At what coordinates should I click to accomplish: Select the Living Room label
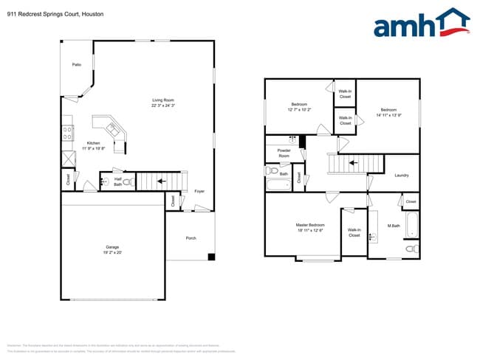[x=162, y=100]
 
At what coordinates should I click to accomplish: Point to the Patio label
[x=77, y=65]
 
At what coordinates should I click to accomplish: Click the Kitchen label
[x=93, y=142]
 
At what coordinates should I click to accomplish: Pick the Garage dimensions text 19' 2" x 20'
[x=112, y=252]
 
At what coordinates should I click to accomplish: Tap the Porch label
[x=191, y=238]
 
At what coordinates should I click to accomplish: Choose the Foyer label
[x=199, y=191]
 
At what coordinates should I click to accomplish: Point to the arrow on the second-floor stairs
[x=352, y=162]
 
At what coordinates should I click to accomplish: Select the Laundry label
[x=402, y=175]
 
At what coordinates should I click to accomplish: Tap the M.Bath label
[x=395, y=226]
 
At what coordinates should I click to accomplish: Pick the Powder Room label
[x=284, y=153]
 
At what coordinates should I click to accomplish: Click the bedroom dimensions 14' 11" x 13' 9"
[x=388, y=115]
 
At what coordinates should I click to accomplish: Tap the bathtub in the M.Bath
[x=411, y=224]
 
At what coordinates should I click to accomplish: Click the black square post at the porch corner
[x=211, y=257]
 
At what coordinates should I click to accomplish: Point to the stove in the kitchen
[x=68, y=134]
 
